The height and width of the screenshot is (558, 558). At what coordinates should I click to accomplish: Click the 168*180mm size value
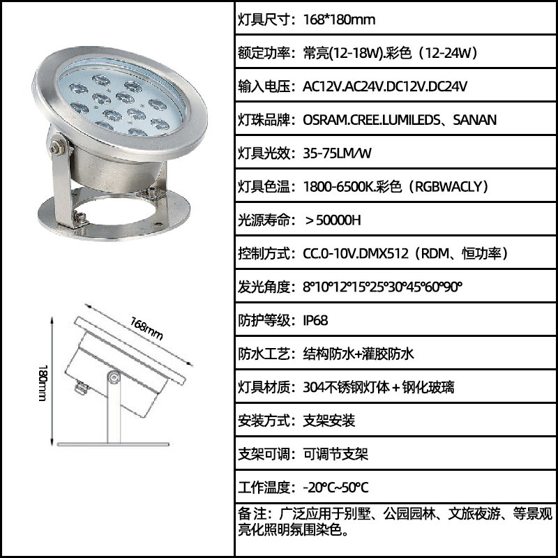tap(339, 20)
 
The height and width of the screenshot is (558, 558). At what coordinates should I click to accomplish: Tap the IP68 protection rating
tap(315, 320)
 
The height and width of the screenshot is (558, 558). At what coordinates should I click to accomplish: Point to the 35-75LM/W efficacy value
tap(337, 153)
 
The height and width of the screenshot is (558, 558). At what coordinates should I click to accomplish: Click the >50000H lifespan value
tap(333, 220)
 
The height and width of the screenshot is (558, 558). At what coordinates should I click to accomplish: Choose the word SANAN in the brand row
tap(474, 120)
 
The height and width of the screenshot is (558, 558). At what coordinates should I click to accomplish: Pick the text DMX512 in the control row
tap(384, 254)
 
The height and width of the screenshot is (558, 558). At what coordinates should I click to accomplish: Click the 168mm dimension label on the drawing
tap(146, 329)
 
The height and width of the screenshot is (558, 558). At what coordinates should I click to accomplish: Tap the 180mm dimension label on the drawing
tap(43, 382)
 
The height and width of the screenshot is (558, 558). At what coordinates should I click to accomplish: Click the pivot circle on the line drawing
tap(114, 377)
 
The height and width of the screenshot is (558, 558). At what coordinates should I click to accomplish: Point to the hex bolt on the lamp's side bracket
tap(56, 147)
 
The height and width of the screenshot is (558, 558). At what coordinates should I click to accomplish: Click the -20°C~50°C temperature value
tap(335, 487)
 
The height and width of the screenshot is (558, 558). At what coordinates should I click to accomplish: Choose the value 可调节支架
tap(335, 454)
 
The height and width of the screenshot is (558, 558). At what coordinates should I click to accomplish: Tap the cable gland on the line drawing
tap(81, 388)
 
